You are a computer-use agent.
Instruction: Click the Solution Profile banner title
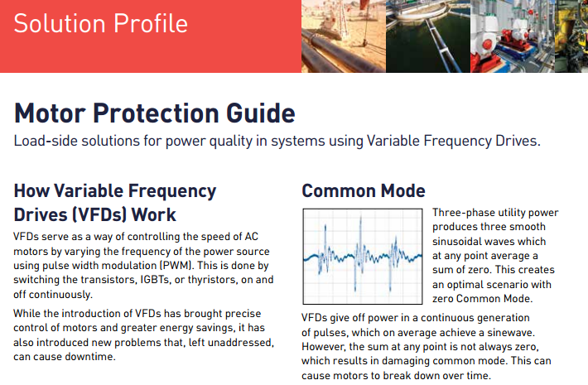(100, 22)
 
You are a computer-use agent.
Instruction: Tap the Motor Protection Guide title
(154, 113)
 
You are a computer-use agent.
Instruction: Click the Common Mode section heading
(364, 191)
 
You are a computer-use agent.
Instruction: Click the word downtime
(93, 357)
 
